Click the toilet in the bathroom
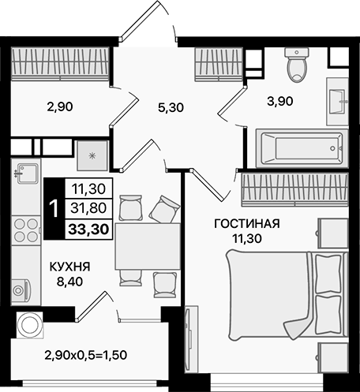click(297, 66)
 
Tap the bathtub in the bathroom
click(298, 147)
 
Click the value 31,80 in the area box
click(88, 209)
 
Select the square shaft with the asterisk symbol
click(93, 155)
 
